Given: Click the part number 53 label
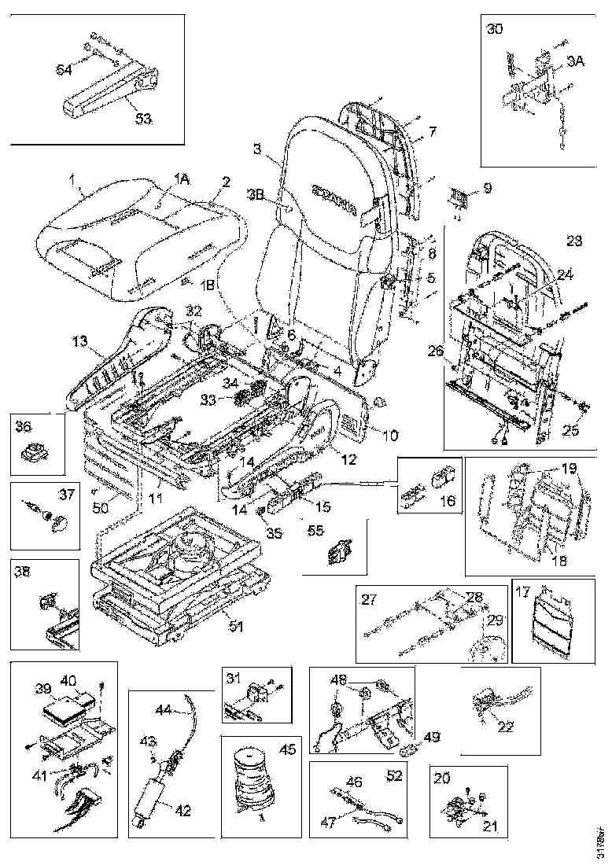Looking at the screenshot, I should tap(142, 118).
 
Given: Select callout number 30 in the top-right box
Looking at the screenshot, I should tap(495, 31).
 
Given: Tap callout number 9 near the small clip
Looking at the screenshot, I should tap(487, 189).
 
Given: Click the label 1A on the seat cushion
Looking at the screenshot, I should tap(182, 180).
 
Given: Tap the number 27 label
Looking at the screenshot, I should tap(369, 599).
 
